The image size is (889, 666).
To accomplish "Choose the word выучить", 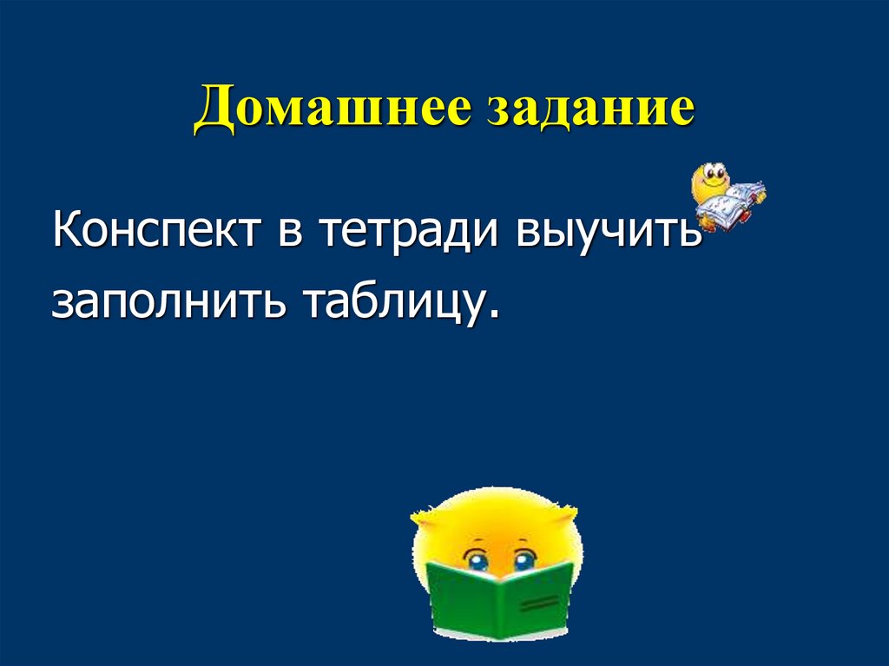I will click(x=610, y=233).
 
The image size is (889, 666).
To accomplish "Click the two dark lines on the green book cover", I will click(x=539, y=600).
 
